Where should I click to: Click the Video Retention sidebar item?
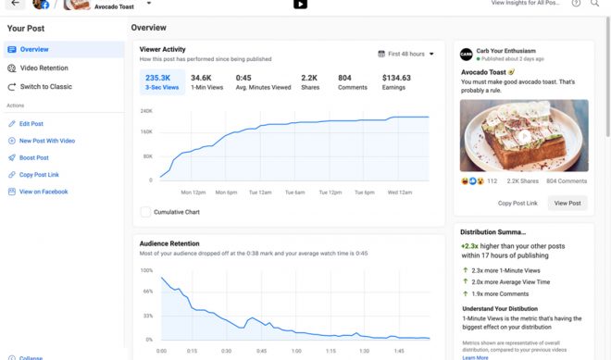(43, 68)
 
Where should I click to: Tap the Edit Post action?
(31, 123)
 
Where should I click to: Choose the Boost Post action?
(33, 157)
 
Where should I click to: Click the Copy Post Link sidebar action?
(39, 174)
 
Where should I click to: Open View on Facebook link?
(44, 192)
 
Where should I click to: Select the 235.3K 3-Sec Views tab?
(163, 82)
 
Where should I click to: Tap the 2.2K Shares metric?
(309, 82)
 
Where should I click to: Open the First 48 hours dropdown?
(406, 54)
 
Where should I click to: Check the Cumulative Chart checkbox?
(145, 212)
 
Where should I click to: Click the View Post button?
(567, 203)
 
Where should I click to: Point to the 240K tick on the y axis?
(146, 111)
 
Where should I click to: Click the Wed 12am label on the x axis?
(400, 192)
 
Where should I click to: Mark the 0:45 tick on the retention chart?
(261, 352)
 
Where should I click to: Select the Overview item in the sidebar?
(34, 49)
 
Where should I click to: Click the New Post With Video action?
(46, 141)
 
